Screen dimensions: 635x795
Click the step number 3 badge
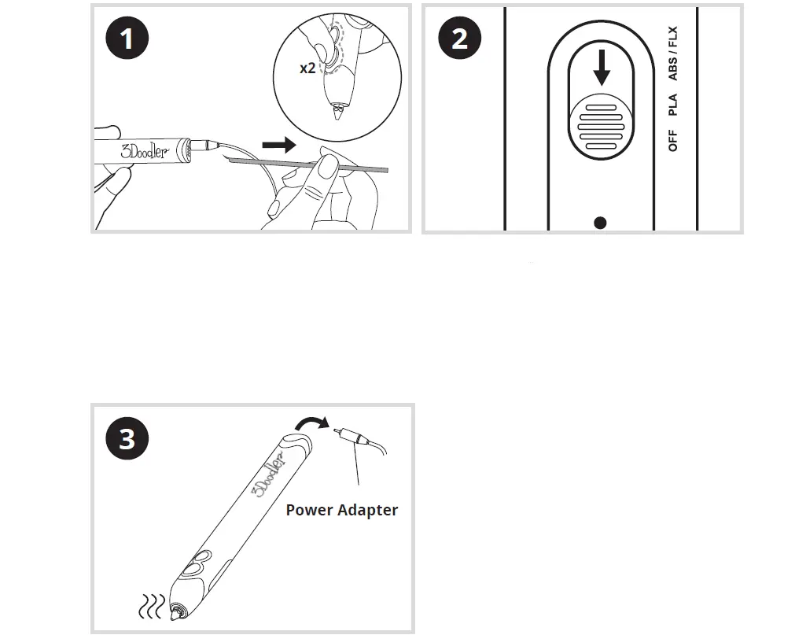pyautogui.click(x=126, y=438)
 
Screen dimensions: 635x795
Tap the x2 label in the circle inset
pyautogui.click(x=307, y=68)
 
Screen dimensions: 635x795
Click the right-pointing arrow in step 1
pyautogui.click(x=279, y=145)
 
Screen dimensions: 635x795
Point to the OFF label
pyautogui.click(x=672, y=142)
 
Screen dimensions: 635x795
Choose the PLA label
pyautogui.click(x=672, y=105)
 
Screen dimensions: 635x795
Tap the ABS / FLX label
pyautogui.click(x=672, y=54)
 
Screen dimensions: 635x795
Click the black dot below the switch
pyautogui.click(x=601, y=223)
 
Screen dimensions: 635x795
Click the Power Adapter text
pyautogui.click(x=341, y=510)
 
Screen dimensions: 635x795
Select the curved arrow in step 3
pyautogui.click(x=311, y=426)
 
